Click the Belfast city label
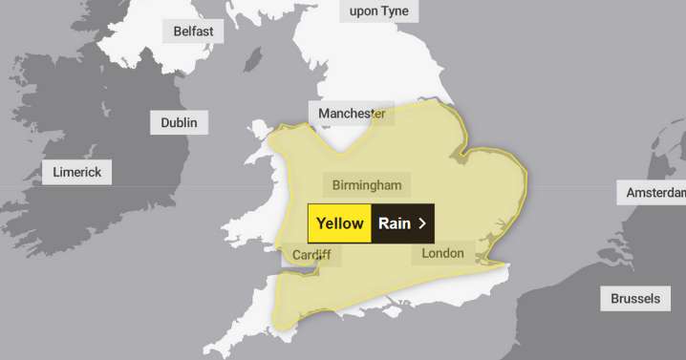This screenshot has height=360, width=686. tap(194, 32)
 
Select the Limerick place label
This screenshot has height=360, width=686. tap(77, 173)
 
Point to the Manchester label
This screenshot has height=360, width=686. tap(352, 114)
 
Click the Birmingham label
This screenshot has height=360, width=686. tap(367, 184)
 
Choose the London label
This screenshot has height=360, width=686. tap(442, 253)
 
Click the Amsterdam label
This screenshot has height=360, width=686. tap(655, 193)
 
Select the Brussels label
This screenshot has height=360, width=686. tap(635, 299)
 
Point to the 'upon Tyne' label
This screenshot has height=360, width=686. tap(379, 11)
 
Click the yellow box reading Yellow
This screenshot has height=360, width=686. tap(339, 223)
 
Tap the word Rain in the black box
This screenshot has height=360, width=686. tap(395, 223)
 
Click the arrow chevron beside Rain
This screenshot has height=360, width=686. tap(422, 223)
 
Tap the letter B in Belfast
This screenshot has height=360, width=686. tap(178, 32)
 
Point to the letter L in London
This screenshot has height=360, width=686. tap(426, 253)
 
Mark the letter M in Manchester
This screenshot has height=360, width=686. tap(325, 114)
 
